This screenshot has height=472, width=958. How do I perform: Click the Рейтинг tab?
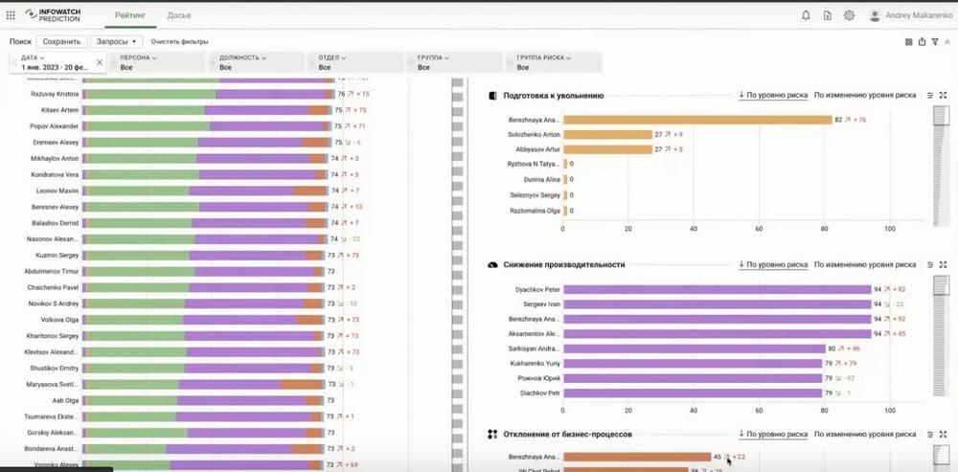click(131, 16)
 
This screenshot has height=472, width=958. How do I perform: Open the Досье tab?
click(179, 16)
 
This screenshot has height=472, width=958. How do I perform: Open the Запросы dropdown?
click(117, 42)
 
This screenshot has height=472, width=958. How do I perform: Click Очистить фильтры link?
click(178, 42)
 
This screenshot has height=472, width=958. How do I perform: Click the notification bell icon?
click(806, 15)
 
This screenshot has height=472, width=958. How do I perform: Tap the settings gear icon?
click(849, 15)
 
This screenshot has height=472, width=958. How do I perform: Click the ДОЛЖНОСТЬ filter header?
click(241, 57)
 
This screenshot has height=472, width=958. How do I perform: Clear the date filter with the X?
click(100, 62)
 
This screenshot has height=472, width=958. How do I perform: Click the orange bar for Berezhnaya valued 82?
click(696, 120)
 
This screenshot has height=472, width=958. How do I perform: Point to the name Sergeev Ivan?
click(539, 303)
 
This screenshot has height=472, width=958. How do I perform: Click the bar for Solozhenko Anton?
click(607, 135)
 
